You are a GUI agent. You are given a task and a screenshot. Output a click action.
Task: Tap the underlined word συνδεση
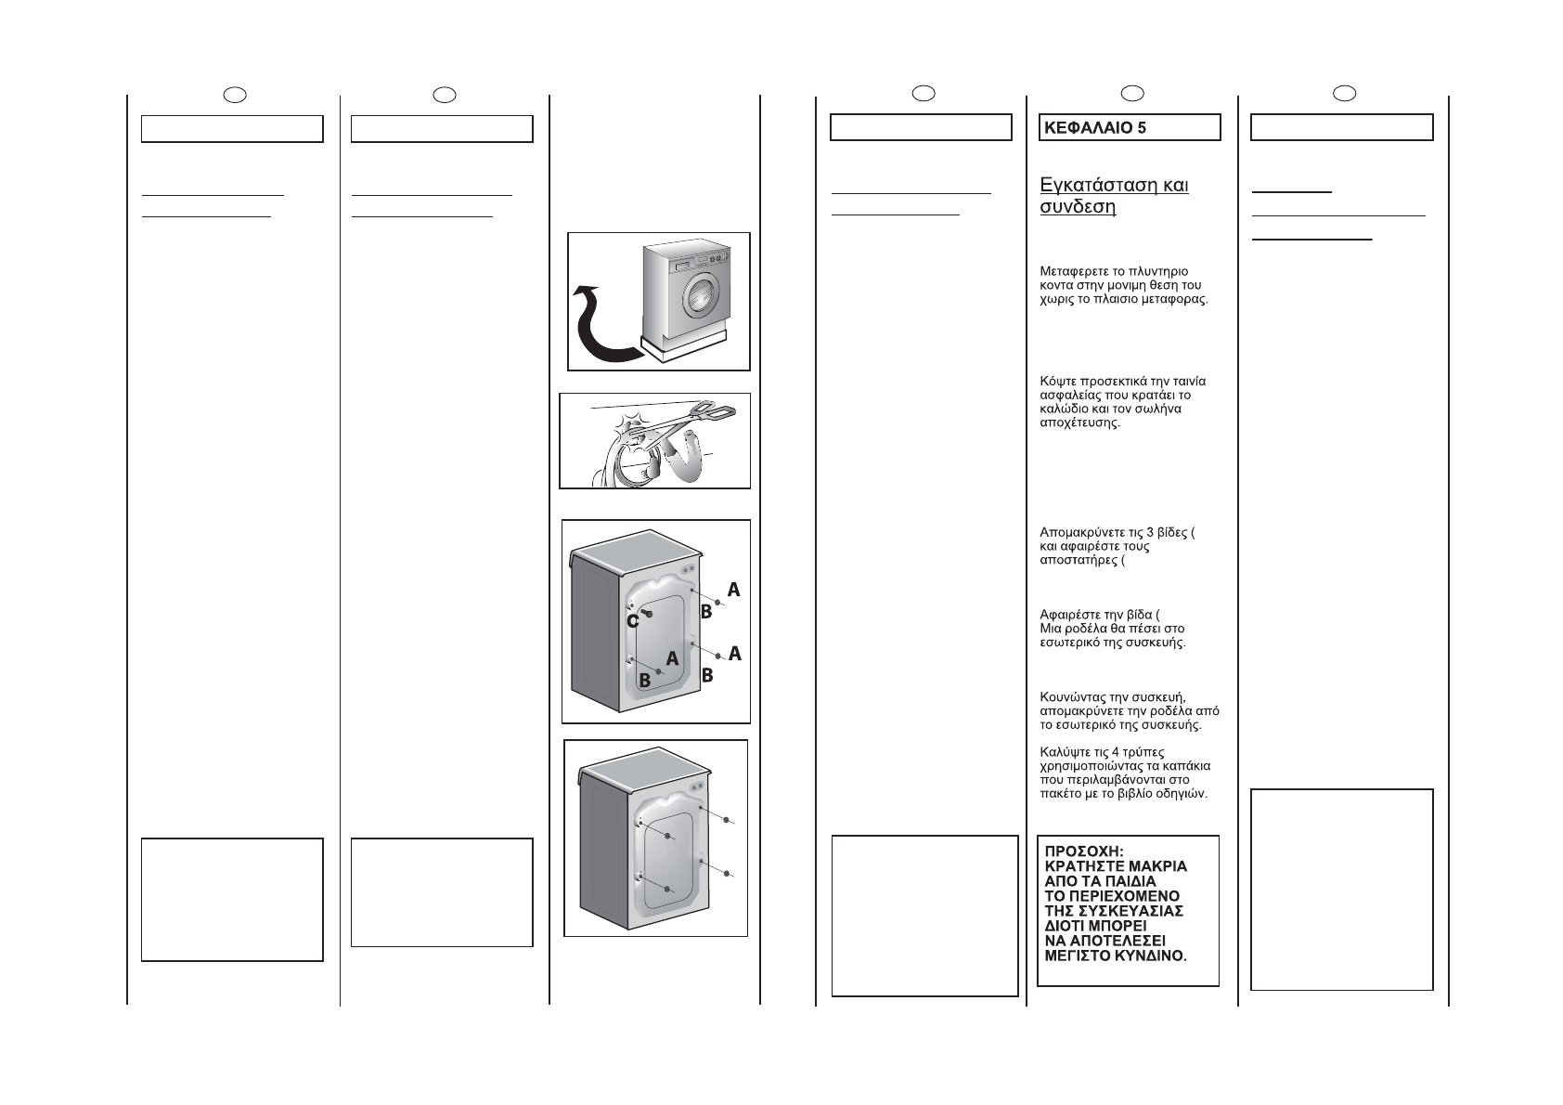click(1078, 207)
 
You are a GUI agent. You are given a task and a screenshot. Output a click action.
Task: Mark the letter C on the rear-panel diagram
click(632, 621)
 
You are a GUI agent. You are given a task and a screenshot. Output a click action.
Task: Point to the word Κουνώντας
click(1072, 697)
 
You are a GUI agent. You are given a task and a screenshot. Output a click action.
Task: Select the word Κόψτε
click(1057, 382)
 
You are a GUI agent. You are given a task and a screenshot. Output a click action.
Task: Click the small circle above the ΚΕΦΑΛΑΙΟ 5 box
click(1131, 92)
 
